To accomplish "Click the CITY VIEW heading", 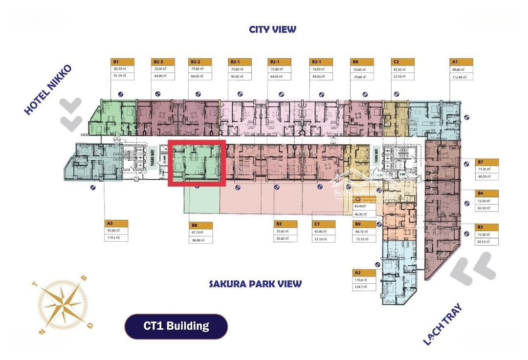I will point(272,29).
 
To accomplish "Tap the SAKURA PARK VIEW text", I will point(255,284).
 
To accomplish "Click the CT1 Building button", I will point(176,326).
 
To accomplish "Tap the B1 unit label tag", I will point(122,62).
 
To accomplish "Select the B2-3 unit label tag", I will point(163,62).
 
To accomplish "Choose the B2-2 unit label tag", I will point(201,62).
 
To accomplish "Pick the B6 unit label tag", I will point(362,62).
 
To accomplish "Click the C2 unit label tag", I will point(402,62).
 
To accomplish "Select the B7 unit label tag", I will point(487,162).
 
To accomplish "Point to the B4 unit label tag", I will point(487,193).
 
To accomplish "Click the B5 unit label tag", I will point(487,227).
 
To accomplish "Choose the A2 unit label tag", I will point(364,273).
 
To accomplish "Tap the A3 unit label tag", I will point(116,223).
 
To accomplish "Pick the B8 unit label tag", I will point(201,226).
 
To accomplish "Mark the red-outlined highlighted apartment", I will point(197,163).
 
